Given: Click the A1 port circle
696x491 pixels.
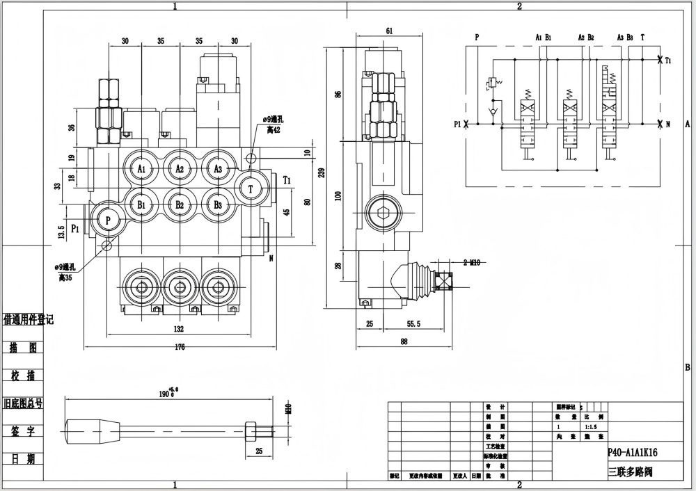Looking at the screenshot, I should click(x=141, y=169).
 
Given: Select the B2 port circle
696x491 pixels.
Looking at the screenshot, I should click(x=180, y=205).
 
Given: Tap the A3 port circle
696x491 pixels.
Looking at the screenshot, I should click(x=218, y=169).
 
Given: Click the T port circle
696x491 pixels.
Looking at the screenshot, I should click(x=251, y=188).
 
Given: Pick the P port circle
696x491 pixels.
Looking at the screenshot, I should click(x=108, y=219).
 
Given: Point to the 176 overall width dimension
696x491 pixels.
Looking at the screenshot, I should click(x=180, y=348).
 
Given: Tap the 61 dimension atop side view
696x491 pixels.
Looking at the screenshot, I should click(x=389, y=31).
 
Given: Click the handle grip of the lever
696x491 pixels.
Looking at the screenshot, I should click(x=90, y=426).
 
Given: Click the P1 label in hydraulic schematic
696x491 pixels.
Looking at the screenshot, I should click(x=457, y=124).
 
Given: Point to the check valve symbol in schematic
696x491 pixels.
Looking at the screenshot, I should click(x=494, y=111).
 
